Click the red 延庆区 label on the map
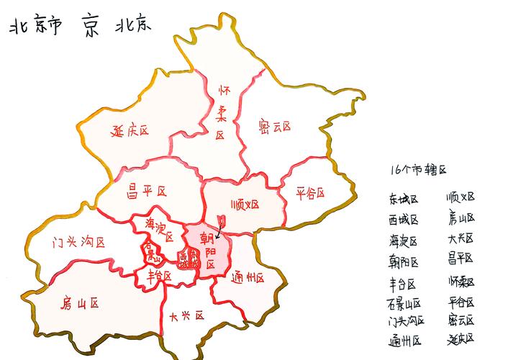point(130,131)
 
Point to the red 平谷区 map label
point(310,193)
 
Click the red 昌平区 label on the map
point(146,191)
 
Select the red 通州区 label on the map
point(248,277)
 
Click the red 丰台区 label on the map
point(159,275)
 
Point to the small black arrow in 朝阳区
point(219,231)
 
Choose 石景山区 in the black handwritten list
point(404,303)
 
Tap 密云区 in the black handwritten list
point(461,320)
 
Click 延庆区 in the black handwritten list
point(461,338)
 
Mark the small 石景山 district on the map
point(150,253)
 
